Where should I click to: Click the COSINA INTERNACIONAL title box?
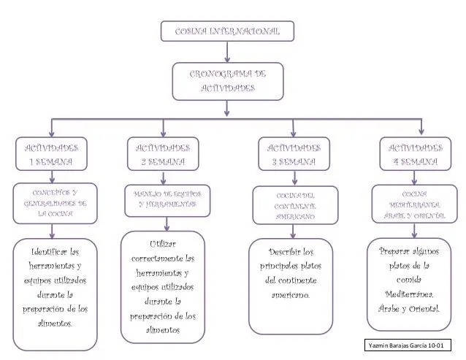click(x=227, y=31)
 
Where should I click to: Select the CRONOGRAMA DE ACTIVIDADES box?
click(x=227, y=80)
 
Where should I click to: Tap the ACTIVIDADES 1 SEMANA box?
click(x=50, y=153)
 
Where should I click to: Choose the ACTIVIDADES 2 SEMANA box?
click(x=163, y=153)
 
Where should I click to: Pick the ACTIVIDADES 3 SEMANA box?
click(x=293, y=153)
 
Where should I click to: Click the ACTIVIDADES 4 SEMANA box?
click(x=414, y=153)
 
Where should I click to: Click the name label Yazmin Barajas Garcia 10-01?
click(x=408, y=345)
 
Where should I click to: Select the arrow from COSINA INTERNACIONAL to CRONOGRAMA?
click(x=227, y=52)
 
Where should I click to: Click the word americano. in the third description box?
click(x=292, y=294)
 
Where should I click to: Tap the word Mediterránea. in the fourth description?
click(x=409, y=294)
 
